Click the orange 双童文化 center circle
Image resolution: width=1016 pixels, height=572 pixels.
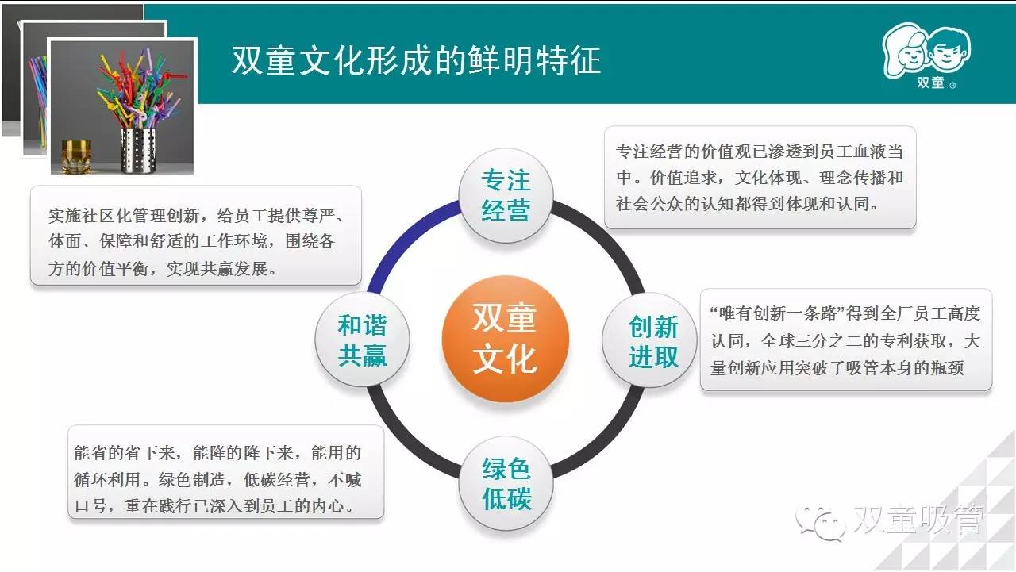tap(506, 339)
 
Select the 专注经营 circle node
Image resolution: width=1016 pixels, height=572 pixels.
tap(506, 196)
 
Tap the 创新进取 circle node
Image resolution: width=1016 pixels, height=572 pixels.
tap(649, 340)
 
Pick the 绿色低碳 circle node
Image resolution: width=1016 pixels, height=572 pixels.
tap(506, 483)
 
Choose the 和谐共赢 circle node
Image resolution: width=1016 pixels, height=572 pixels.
tap(363, 339)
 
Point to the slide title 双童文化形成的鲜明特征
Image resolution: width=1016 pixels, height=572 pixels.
tap(416, 60)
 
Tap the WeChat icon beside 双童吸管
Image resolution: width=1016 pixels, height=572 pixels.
tap(820, 523)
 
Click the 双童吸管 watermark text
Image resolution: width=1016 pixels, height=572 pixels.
tap(918, 519)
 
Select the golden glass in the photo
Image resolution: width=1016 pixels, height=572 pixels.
tap(76, 156)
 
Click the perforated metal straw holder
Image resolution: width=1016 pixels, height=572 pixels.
tap(138, 151)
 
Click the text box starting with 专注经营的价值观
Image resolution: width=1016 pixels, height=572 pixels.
tap(760, 177)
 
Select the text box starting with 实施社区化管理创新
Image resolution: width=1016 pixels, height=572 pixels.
tap(196, 236)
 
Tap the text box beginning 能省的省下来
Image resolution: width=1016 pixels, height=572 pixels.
tap(226, 472)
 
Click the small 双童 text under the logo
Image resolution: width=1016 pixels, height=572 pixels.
tap(931, 83)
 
